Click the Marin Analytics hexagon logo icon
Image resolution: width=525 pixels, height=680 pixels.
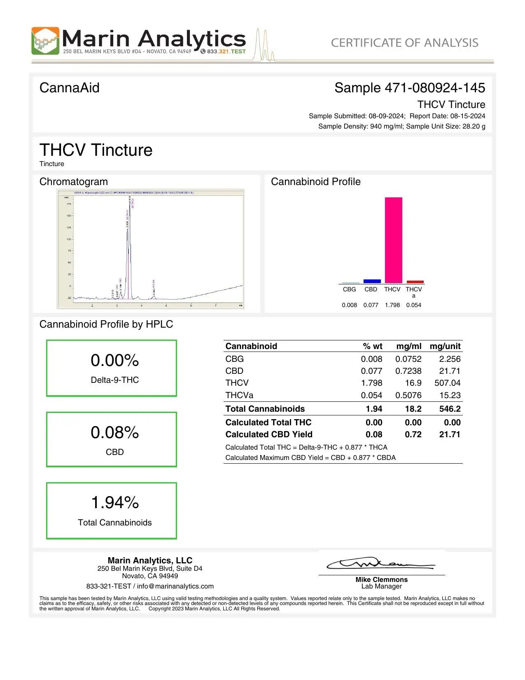coord(45,41)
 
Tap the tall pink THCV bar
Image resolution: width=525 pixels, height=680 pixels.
coord(393,240)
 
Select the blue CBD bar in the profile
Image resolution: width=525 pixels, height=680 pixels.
coord(372,281)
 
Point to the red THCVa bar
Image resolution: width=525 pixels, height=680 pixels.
coord(415,282)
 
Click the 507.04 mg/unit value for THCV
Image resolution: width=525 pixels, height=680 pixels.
coord(447,383)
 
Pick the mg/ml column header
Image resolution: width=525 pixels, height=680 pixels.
coord(408,346)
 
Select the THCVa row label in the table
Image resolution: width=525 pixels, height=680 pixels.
coord(239,395)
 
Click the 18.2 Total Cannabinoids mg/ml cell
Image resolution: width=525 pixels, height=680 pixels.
coord(413,409)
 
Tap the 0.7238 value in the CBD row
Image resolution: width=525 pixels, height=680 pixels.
coord(408,371)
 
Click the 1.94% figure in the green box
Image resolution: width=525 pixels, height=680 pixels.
coord(115,502)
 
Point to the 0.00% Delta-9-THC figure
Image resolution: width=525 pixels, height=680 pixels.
coord(115,360)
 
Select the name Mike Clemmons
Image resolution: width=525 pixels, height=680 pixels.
coord(381,579)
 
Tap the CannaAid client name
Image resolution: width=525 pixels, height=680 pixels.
coord(69,88)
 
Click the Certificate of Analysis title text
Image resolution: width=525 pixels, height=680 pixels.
coord(404,43)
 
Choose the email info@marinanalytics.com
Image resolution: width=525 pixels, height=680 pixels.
coord(175,586)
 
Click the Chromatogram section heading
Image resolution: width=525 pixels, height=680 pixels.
coord(73,182)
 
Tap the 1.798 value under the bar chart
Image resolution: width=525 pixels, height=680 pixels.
coord(392,305)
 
